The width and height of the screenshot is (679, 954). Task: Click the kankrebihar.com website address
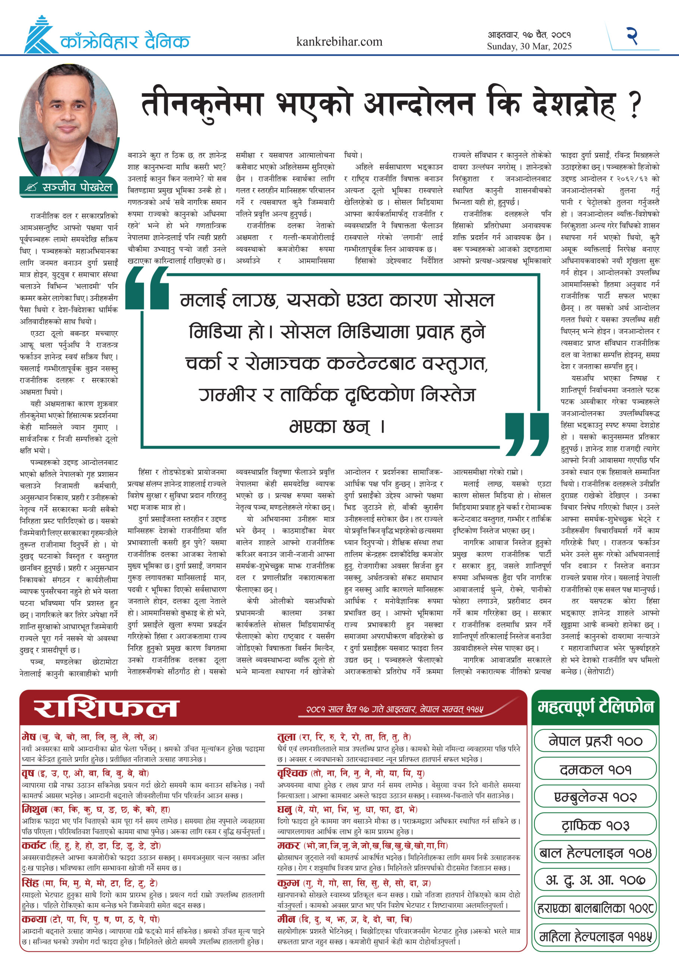339,41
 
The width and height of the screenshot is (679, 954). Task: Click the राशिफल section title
106,708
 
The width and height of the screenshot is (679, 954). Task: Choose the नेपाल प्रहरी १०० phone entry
595,740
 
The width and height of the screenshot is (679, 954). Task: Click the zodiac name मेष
29,737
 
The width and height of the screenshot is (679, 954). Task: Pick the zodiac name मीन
286,919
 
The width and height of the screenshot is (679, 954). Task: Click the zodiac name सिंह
30,883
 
